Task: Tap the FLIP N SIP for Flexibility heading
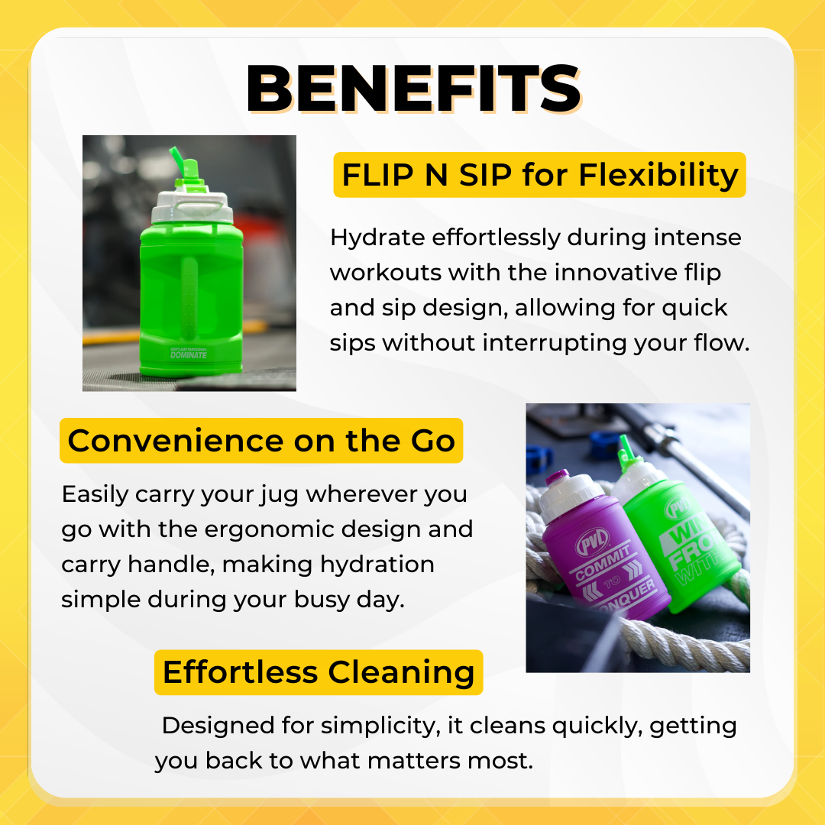click(539, 176)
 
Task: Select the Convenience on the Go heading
click(261, 441)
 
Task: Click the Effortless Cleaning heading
click(319, 672)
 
